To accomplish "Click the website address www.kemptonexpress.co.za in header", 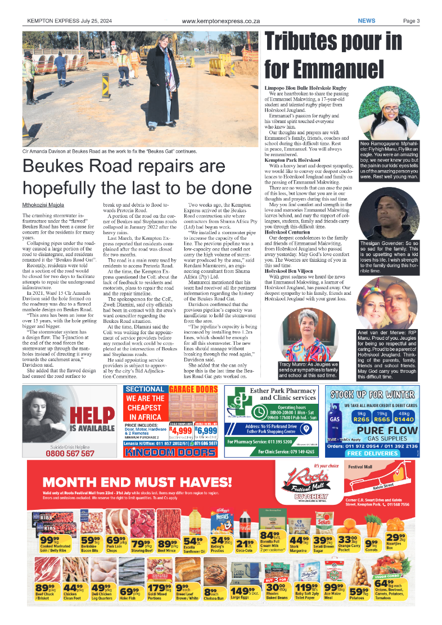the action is point(220,21).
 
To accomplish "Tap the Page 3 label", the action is point(411,21).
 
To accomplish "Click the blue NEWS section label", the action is point(367,21).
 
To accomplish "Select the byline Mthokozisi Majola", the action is point(42,205).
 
